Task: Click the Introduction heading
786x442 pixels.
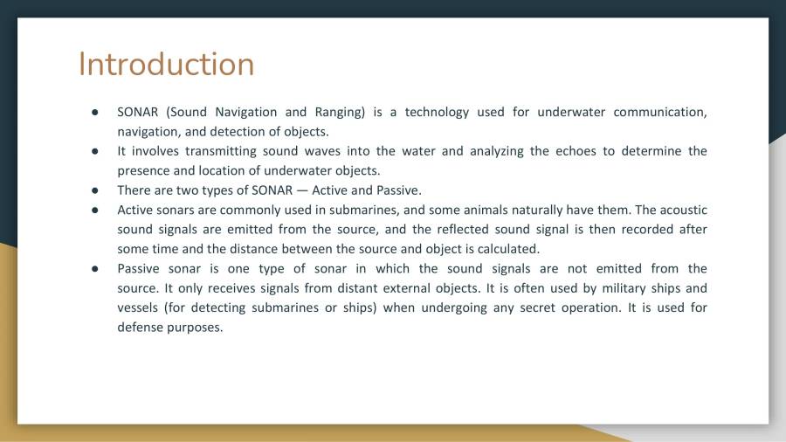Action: [166, 65]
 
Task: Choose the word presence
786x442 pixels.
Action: [144, 170]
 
